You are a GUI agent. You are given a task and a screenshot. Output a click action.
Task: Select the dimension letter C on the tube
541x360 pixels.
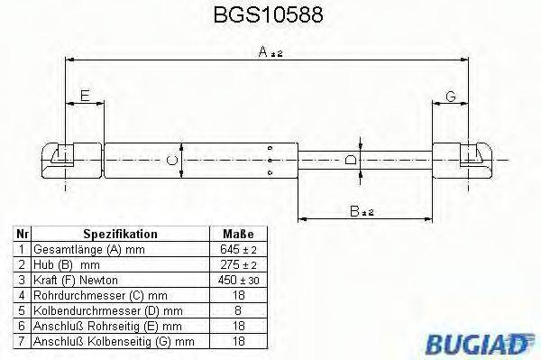pyautogui.click(x=171, y=161)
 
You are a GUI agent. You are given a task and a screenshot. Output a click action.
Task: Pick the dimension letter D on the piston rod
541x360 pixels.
pyautogui.click(x=350, y=161)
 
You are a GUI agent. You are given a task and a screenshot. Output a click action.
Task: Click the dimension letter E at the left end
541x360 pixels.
pyautogui.click(x=85, y=97)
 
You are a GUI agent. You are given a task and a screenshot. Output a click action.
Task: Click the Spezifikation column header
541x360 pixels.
pyautogui.click(x=120, y=233)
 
